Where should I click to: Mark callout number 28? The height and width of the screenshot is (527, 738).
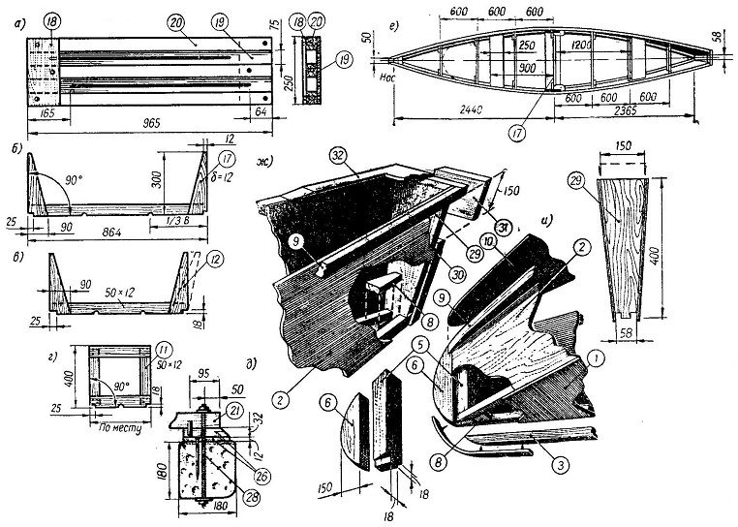226,497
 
